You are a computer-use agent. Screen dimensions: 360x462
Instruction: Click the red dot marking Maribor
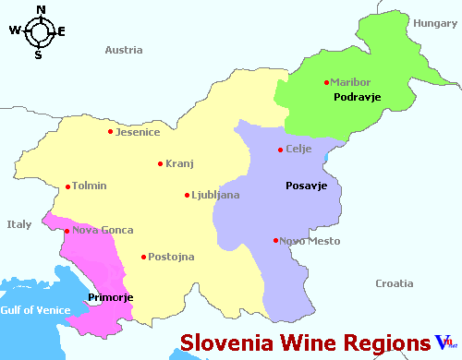tap(327, 83)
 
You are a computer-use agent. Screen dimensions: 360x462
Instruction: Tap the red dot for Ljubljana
tap(188, 196)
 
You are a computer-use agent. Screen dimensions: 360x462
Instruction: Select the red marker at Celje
tap(281, 150)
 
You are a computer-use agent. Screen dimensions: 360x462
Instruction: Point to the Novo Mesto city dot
tap(276, 241)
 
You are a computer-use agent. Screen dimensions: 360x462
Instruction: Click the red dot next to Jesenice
tap(111, 131)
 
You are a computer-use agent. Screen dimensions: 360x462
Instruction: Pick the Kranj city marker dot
tap(161, 164)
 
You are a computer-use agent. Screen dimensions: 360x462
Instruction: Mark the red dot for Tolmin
tap(67, 186)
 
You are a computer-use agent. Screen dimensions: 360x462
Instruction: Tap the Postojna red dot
tap(143, 257)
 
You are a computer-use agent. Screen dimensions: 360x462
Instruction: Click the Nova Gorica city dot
tap(67, 231)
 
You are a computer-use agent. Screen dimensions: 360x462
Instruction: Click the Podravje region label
tap(358, 98)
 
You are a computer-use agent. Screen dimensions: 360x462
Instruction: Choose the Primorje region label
tap(111, 297)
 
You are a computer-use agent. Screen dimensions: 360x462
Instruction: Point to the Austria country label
tap(124, 50)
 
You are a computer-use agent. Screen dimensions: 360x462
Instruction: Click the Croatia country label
tap(394, 283)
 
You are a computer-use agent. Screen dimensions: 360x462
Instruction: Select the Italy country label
tap(18, 224)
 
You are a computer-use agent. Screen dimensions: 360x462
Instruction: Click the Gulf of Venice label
tap(35, 310)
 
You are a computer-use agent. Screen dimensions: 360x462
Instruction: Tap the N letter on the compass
tap(40, 10)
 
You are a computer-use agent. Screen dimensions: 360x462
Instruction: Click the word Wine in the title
tap(303, 342)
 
